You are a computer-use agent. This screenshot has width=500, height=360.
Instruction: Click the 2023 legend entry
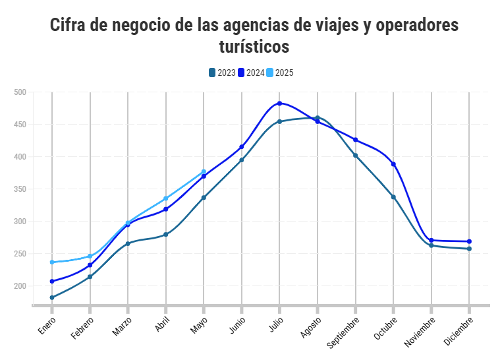coord(222,73)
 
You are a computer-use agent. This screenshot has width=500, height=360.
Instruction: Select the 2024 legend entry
coord(251,73)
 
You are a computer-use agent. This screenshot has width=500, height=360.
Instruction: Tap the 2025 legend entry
coord(280,73)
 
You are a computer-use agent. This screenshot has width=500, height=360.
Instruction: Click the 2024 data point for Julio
coord(279,104)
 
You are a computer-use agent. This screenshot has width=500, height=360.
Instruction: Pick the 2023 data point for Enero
coord(52,297)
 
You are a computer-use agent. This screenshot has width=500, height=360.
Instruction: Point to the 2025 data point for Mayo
coord(204,172)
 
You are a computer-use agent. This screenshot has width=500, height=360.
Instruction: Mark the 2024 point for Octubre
coord(393,164)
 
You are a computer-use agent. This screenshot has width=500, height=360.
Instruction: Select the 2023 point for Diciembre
coord(469,249)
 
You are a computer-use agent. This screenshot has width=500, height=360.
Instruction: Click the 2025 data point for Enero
coord(52,262)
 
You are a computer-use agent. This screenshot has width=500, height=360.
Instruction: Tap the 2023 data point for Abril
coord(166,235)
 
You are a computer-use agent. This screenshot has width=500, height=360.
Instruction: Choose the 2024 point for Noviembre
coord(431,241)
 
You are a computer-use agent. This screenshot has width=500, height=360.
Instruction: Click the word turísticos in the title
coord(254,47)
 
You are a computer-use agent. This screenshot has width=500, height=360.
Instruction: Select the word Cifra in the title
coord(70,26)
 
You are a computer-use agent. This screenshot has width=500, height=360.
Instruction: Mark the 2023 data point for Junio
coord(242,160)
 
